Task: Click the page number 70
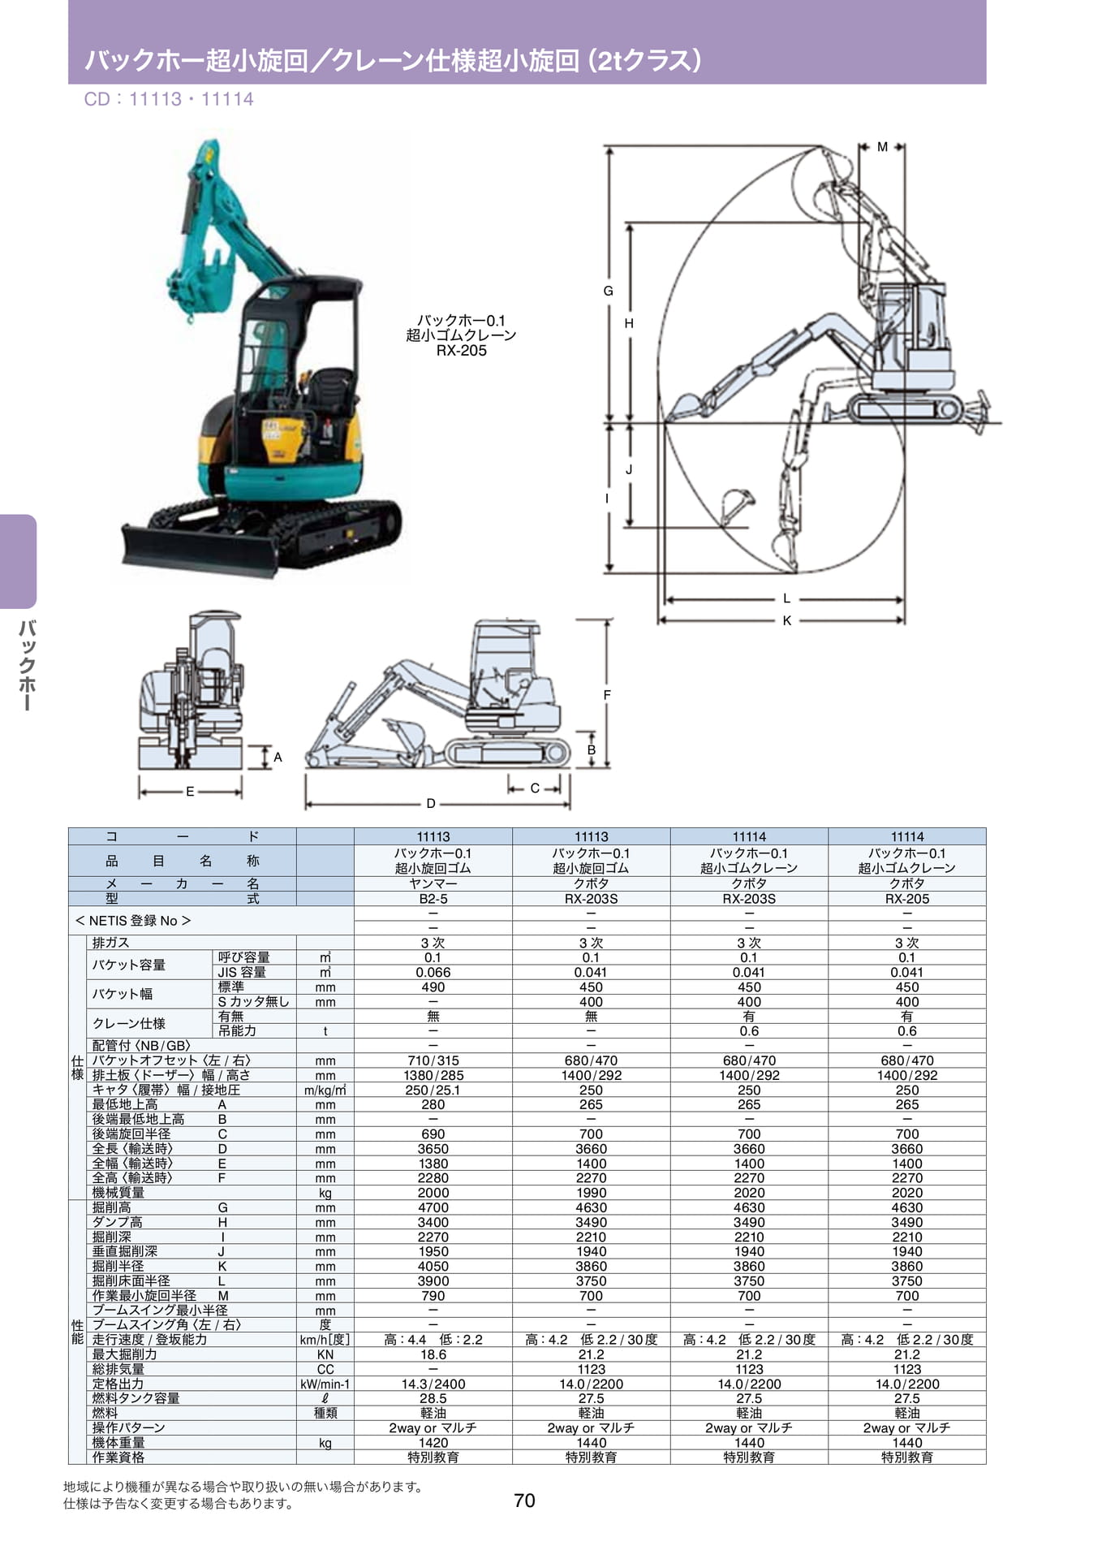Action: pyautogui.click(x=524, y=1500)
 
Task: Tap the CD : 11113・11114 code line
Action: pyautogui.click(x=169, y=99)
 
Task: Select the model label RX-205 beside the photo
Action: pyautogui.click(x=461, y=351)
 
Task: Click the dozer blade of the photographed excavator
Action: pyautogui.click(x=199, y=551)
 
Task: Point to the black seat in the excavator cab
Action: pyautogui.click(x=331, y=390)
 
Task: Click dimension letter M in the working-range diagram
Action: pyautogui.click(x=882, y=147)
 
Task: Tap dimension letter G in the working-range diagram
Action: pyautogui.click(x=608, y=291)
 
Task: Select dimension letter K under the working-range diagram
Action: pyautogui.click(x=786, y=620)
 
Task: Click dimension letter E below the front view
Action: pyautogui.click(x=190, y=791)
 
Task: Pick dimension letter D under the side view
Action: pyautogui.click(x=431, y=803)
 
